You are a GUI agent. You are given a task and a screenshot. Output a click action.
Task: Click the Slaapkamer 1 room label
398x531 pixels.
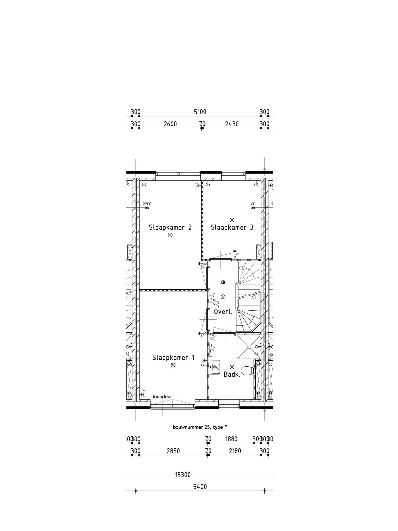tap(173, 358)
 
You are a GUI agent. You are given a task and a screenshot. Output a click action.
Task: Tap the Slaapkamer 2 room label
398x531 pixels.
tap(170, 227)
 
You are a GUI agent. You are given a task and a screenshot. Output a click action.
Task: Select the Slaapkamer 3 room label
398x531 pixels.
tap(232, 227)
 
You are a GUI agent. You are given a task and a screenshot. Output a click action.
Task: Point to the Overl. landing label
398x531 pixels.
tap(223, 312)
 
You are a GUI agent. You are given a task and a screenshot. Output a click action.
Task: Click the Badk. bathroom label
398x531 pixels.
tap(232, 374)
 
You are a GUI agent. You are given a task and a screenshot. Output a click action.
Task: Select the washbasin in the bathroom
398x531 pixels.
tap(215, 367)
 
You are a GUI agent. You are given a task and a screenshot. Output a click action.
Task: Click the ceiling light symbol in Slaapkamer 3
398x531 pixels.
tap(232, 220)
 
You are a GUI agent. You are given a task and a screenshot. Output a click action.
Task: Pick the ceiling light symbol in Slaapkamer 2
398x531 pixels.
tap(170, 235)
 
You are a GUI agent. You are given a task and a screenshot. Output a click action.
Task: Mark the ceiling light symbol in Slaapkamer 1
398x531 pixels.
tap(173, 365)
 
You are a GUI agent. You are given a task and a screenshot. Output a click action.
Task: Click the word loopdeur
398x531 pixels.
tap(162, 396)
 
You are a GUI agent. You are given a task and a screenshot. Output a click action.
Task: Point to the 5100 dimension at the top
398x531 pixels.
tap(200, 112)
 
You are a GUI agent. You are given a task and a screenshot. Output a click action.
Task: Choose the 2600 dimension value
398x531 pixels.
tap(170, 124)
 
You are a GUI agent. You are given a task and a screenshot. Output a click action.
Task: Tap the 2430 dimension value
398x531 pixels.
tap(232, 124)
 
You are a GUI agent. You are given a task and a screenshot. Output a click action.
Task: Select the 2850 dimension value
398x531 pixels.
tap(173, 451)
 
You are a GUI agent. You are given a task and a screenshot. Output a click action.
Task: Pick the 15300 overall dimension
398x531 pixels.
tap(183, 475)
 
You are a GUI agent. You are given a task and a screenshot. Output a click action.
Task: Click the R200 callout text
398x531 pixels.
tap(147, 204)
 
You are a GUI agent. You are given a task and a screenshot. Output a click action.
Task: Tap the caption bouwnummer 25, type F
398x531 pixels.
tap(200, 427)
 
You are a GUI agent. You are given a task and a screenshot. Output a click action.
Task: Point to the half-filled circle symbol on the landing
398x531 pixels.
tap(223, 282)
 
